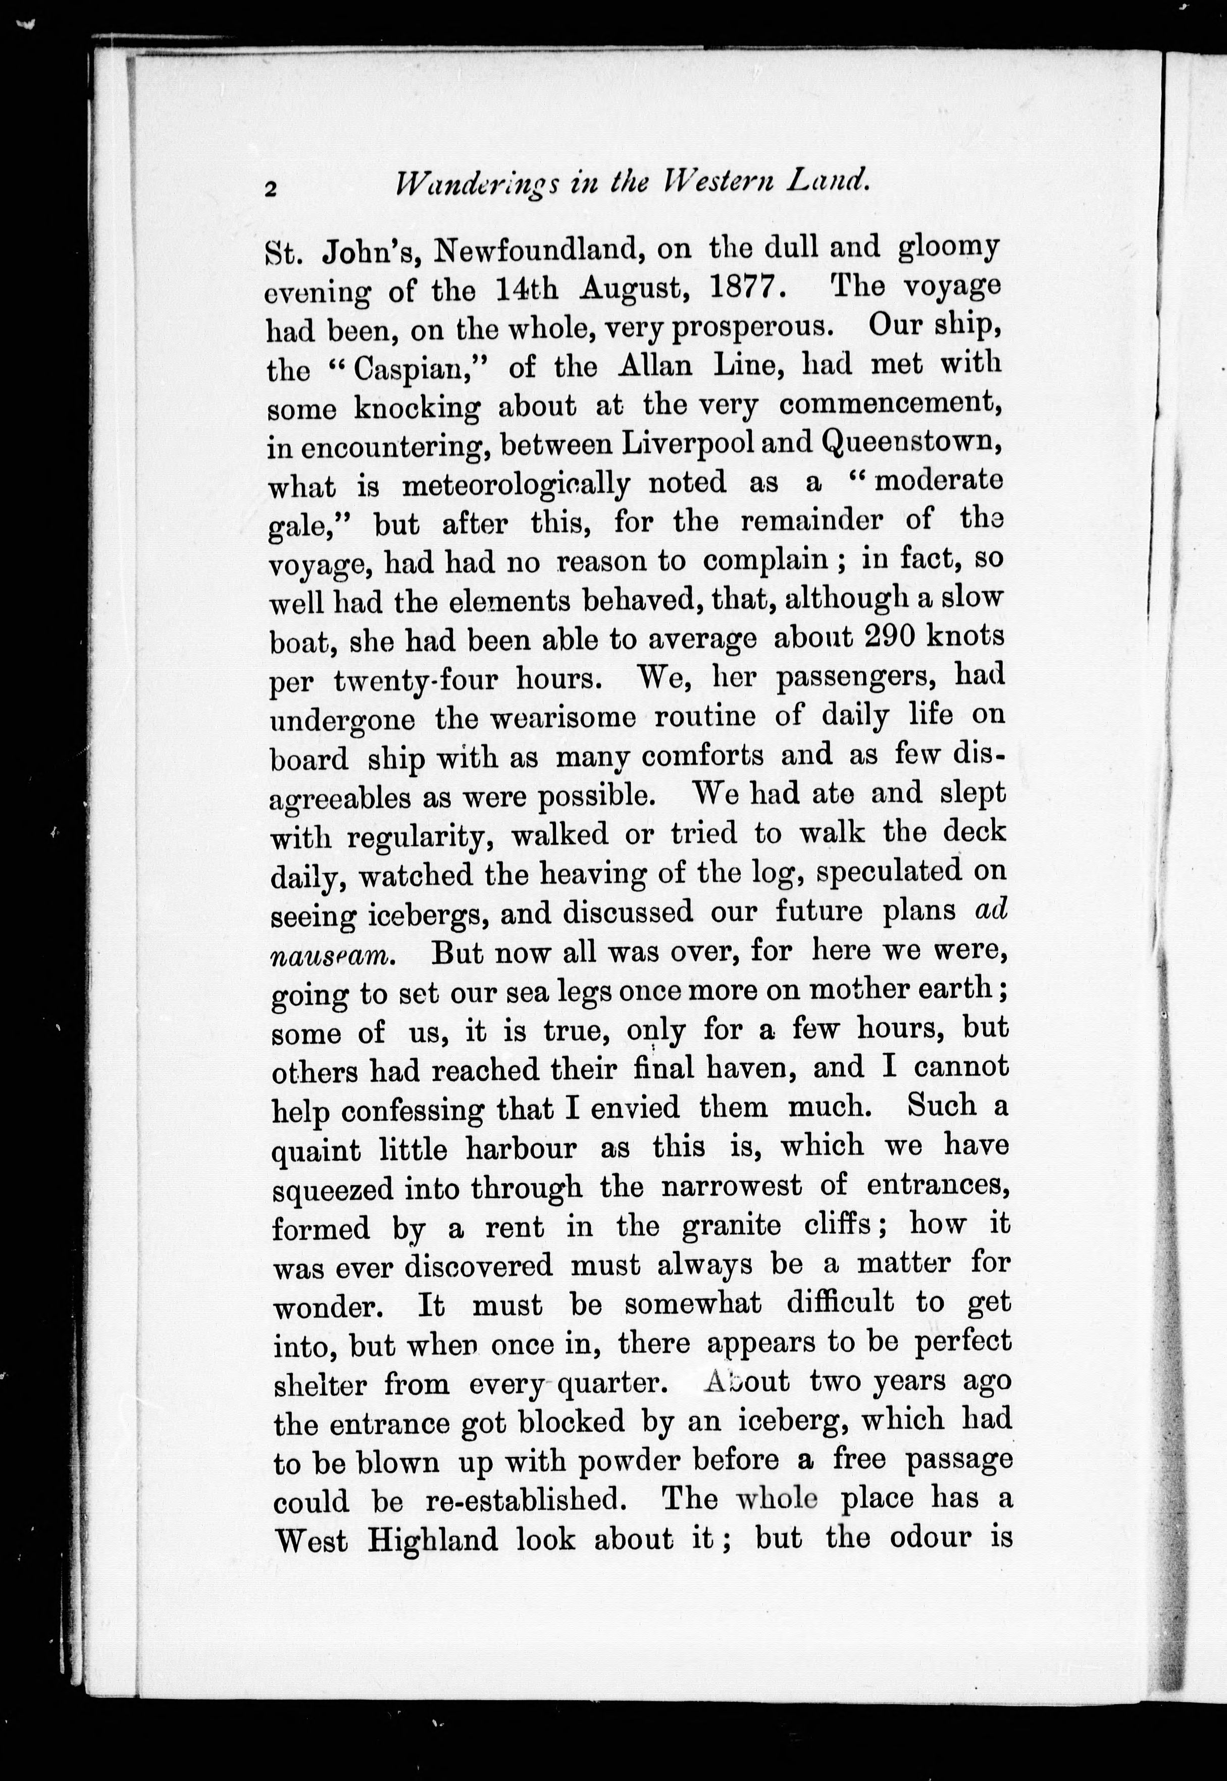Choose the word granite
tap(731, 1226)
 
